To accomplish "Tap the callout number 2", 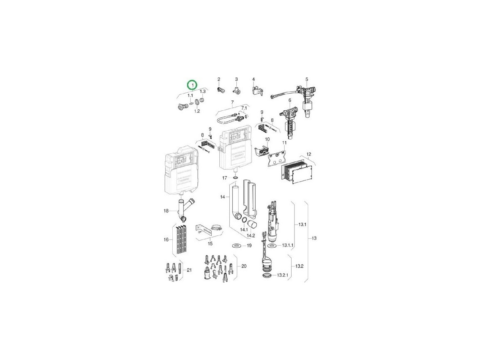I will [x=219, y=79].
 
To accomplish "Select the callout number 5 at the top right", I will [x=306, y=79].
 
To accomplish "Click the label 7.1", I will [x=245, y=108].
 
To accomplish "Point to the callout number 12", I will [x=309, y=154].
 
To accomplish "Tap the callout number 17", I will [x=224, y=178].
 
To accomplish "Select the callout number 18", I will [x=166, y=211].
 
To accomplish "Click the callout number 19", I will [x=249, y=246].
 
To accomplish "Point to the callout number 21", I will [x=189, y=270].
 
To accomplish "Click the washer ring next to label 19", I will [x=236, y=246].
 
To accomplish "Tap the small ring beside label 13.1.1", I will [x=271, y=245].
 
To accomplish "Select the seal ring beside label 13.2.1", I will [x=267, y=276].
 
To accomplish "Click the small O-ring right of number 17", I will [x=235, y=178].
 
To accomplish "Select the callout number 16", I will [x=166, y=239].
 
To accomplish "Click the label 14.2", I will [x=251, y=236].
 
